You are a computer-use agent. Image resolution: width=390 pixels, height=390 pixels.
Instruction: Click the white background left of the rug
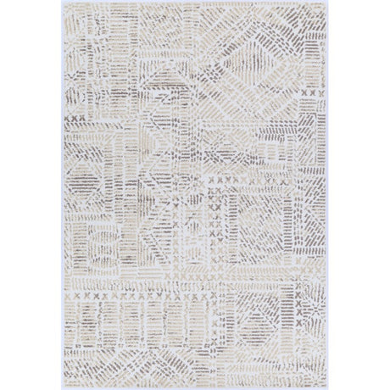coord(30,195)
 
